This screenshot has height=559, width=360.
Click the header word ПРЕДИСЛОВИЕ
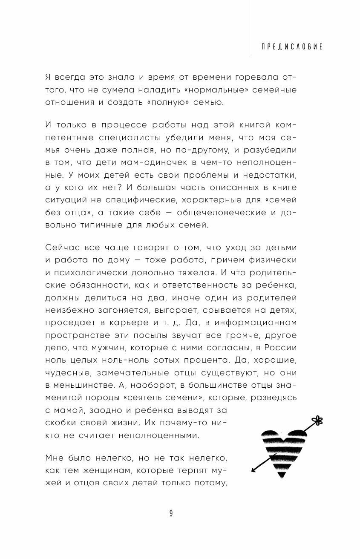point(292,46)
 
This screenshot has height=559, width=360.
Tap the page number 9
point(171,513)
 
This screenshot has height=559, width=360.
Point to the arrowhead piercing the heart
point(255,470)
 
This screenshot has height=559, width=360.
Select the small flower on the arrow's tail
point(317,421)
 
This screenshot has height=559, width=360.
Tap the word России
point(279,347)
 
